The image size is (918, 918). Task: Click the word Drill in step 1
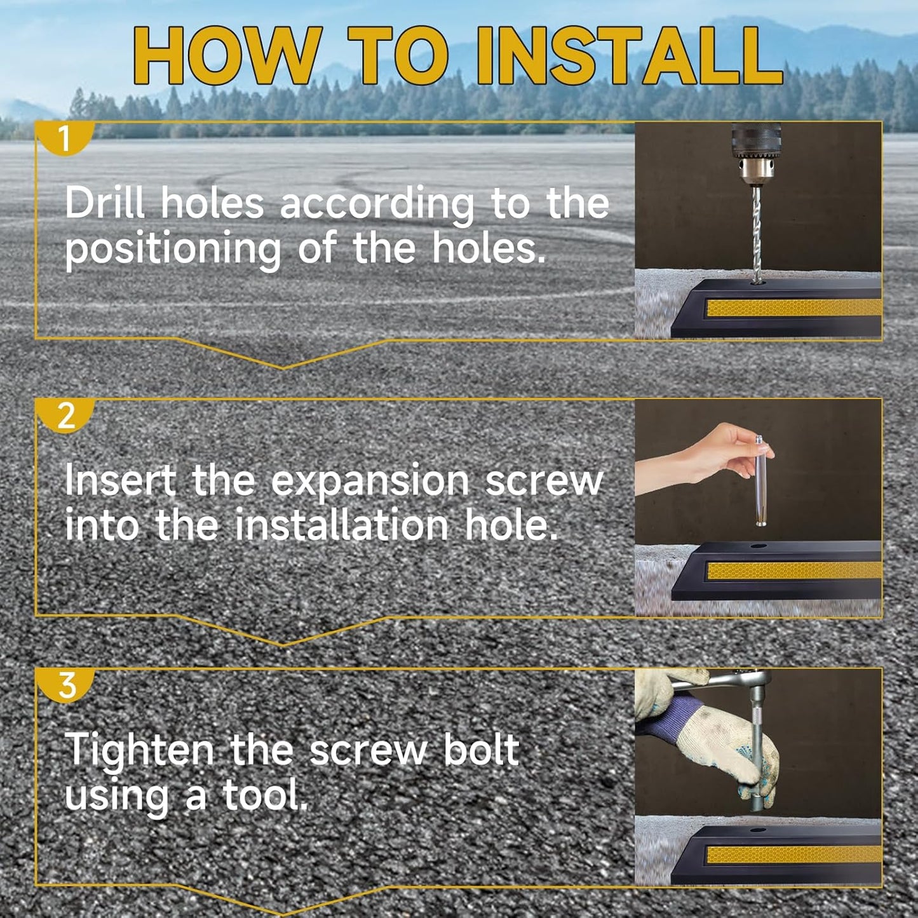(x=104, y=203)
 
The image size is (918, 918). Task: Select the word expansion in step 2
(x=370, y=481)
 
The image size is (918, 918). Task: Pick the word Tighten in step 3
(x=138, y=752)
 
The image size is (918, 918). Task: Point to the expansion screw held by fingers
(x=761, y=480)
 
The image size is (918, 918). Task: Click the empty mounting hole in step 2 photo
(x=760, y=546)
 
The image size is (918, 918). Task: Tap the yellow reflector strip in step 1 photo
(x=794, y=307)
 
